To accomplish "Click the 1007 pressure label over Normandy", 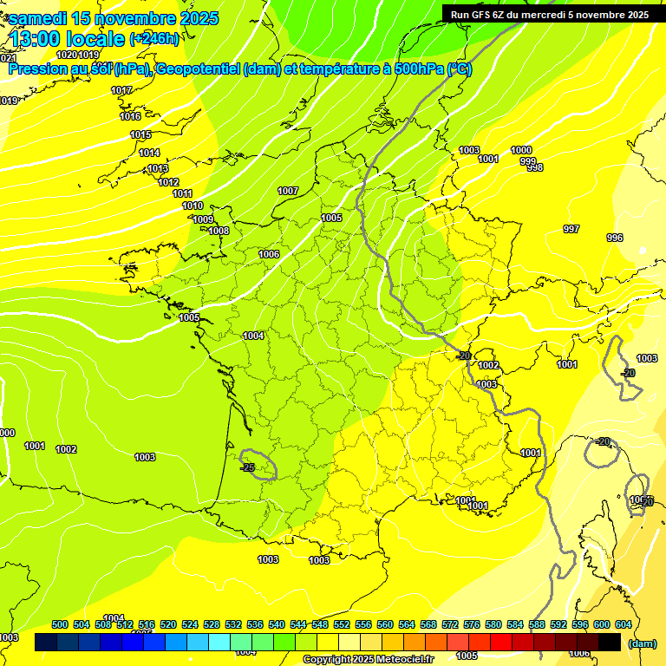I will click(x=288, y=191).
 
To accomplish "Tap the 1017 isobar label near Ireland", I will click(x=121, y=90).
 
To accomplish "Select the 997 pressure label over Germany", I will click(x=571, y=229).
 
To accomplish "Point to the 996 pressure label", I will click(x=615, y=238).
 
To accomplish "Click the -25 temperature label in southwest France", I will click(x=248, y=467).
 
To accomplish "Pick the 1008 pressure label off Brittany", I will click(x=219, y=231).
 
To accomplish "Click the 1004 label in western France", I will click(x=253, y=336).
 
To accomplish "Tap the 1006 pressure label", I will click(x=269, y=254).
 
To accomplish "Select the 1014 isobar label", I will click(x=149, y=153).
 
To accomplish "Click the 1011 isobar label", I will click(x=182, y=193).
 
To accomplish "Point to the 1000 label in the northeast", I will click(x=521, y=150).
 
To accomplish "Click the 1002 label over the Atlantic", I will click(x=66, y=449).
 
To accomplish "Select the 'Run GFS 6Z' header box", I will click(x=550, y=14).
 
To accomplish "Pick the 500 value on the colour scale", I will click(x=60, y=624).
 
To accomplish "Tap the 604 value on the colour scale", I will click(x=623, y=624).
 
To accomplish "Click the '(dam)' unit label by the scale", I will click(x=642, y=643).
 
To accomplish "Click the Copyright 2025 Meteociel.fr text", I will click(x=368, y=659).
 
